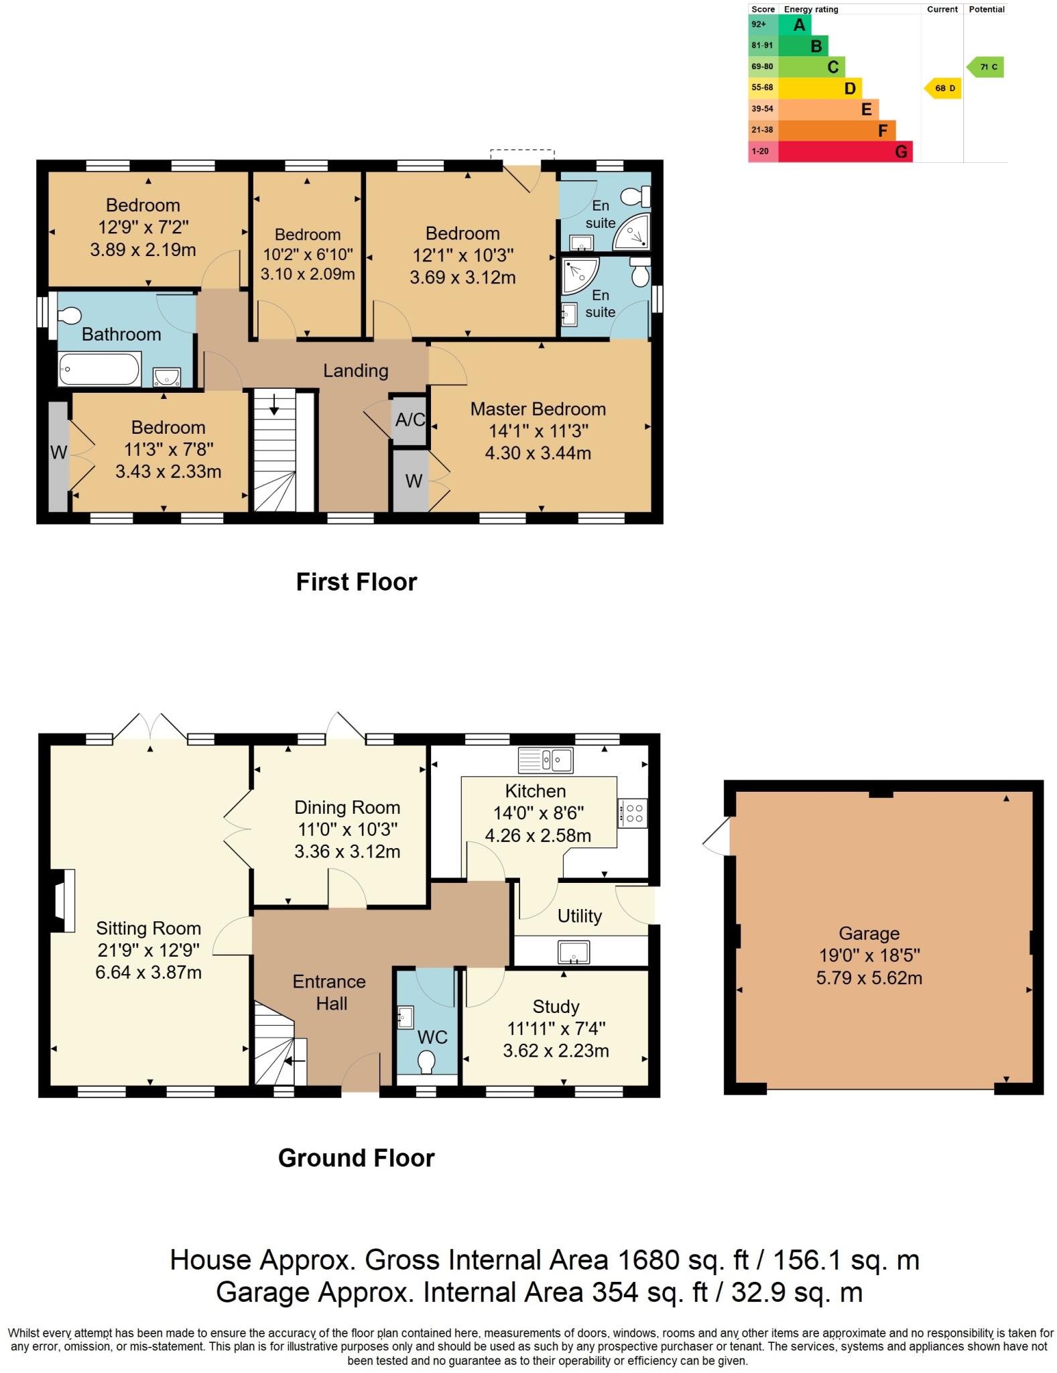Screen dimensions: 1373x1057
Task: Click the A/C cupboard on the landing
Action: click(x=410, y=420)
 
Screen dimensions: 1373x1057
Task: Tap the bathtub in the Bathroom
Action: click(x=99, y=369)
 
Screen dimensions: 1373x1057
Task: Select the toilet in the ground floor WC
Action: click(x=426, y=1063)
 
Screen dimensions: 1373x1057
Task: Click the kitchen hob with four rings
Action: click(x=633, y=813)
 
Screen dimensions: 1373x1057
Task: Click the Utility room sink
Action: click(x=574, y=952)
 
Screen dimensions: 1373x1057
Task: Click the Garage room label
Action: click(x=869, y=933)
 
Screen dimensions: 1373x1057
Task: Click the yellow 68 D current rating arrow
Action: click(x=942, y=88)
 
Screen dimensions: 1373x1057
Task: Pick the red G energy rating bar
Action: click(x=845, y=152)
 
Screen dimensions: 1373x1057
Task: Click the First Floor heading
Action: click(x=357, y=582)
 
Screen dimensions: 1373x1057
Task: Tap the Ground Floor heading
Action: click(x=357, y=1158)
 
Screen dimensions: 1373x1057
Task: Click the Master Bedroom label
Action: click(x=538, y=409)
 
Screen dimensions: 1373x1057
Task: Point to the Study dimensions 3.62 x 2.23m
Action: click(x=556, y=1051)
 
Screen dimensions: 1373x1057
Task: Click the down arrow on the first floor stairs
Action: click(x=274, y=405)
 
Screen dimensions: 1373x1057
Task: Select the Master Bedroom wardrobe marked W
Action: click(x=414, y=481)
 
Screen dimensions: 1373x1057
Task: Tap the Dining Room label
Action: click(x=347, y=808)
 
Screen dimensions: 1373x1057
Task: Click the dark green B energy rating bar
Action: click(x=803, y=46)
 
